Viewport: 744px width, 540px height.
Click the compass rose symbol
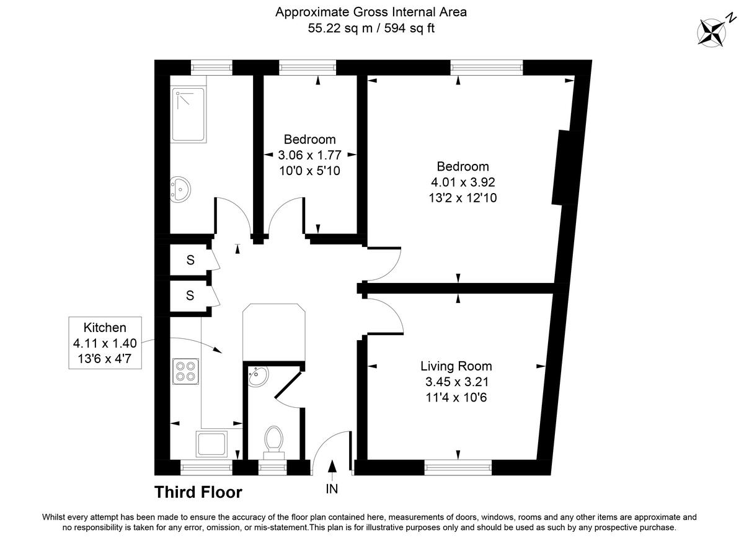pos(712,32)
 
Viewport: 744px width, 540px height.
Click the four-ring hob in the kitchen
pos(185,371)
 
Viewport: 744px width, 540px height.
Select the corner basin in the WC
pos(257,376)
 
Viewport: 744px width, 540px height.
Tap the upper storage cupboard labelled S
pos(190,260)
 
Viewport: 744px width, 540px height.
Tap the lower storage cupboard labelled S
pos(190,296)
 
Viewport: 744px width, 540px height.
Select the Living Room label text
pos(456,366)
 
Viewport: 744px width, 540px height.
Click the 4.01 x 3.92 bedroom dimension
pos(463,182)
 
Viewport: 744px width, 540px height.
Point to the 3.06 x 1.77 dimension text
pos(309,155)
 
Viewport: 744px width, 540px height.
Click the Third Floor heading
pos(198,492)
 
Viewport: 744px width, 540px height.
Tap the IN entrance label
pos(332,489)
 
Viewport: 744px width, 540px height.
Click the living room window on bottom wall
pos(458,463)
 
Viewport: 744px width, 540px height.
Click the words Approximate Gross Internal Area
pos(371,12)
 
